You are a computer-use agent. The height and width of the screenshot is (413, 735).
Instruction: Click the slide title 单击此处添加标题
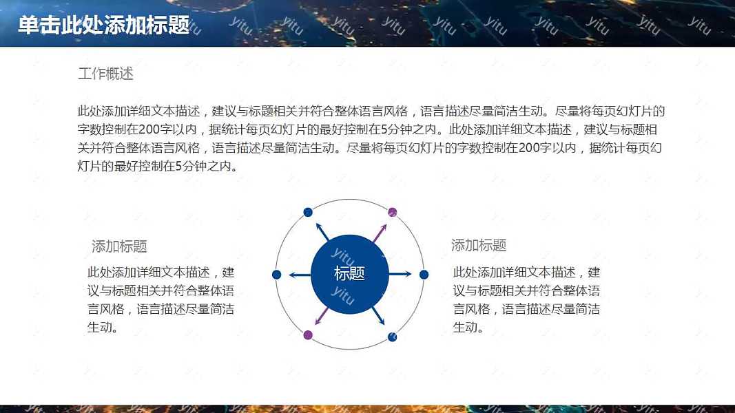coord(103,25)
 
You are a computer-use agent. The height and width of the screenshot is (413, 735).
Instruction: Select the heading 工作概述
coord(105,74)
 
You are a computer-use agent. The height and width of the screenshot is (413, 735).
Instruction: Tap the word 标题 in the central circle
coord(349,273)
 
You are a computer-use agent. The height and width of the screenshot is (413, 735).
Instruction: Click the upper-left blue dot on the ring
coord(308,211)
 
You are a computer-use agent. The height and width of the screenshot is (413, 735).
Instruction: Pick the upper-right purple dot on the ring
coord(393,211)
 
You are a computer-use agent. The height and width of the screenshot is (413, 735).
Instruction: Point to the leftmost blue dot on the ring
coord(277,275)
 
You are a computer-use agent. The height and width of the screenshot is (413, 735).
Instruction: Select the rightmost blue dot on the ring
coord(424,275)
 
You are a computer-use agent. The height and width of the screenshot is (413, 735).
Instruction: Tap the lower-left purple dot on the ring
coord(308,335)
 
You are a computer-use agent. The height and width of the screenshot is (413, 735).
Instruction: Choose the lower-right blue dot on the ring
coord(392,337)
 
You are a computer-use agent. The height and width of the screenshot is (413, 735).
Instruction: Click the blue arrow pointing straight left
coord(300,275)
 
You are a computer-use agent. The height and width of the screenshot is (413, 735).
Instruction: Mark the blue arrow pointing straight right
coord(400,275)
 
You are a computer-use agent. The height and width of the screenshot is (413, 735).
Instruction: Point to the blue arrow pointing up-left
coord(322,231)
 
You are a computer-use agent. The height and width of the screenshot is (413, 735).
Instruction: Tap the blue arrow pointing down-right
coord(379,316)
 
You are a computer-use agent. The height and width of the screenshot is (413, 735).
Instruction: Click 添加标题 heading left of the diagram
coord(119,246)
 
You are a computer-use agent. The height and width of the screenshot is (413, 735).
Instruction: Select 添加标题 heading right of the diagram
coord(479,246)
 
